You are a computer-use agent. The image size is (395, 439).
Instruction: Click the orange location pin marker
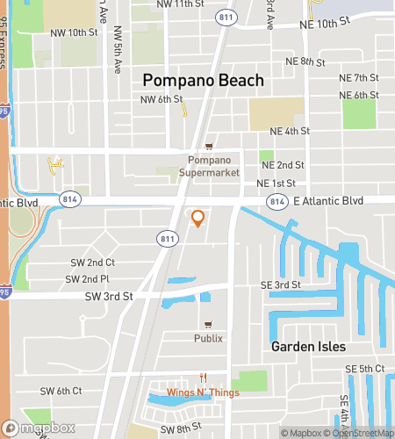(x=197, y=219)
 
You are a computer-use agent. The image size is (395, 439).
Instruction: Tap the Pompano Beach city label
(x=203, y=81)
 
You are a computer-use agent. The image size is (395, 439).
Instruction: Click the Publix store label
(x=209, y=338)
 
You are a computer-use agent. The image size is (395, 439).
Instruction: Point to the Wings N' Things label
(x=203, y=392)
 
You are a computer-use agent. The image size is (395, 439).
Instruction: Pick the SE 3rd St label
(x=280, y=284)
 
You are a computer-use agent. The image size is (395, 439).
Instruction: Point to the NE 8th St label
(x=305, y=62)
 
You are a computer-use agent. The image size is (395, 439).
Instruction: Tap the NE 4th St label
(x=290, y=131)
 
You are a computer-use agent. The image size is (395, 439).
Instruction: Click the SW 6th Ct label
(x=61, y=391)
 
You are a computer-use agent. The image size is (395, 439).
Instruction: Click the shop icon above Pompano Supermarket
(x=209, y=147)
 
